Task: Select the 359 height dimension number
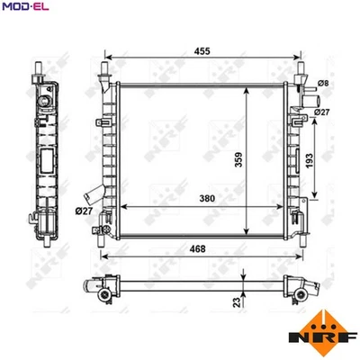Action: pyautogui.click(x=238, y=158)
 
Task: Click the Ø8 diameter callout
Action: pyautogui.click(x=326, y=84)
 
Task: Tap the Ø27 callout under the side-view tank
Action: pyautogui.click(x=85, y=211)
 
